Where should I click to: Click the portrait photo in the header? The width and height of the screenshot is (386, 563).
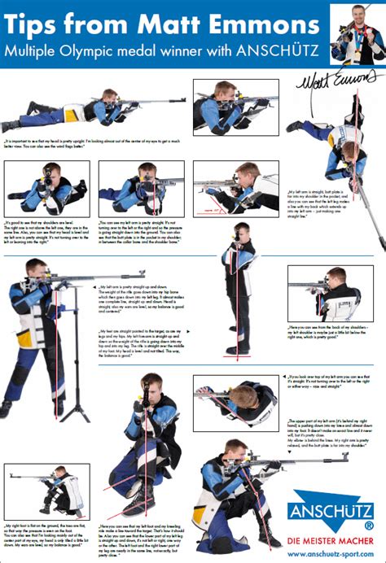click(x=357, y=33)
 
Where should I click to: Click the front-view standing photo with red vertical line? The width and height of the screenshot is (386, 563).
click(x=239, y=289)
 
